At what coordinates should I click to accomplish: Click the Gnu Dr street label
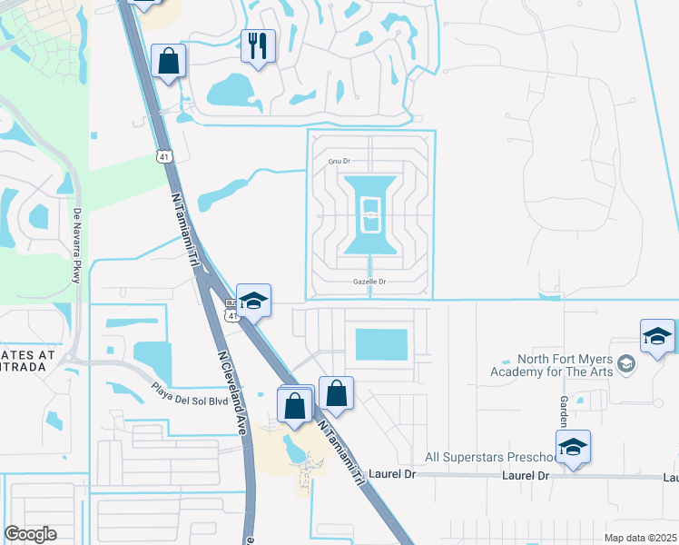pos(339,161)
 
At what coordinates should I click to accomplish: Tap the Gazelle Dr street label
pos(369,282)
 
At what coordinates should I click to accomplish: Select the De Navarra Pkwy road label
pos(76,246)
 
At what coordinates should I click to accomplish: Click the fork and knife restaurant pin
pos(258,44)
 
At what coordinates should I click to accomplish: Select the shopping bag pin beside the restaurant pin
pos(169,61)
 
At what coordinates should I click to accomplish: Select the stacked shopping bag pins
pos(295,403)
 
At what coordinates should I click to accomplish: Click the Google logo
pos(30,534)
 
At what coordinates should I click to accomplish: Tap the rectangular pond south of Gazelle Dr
pos(381,344)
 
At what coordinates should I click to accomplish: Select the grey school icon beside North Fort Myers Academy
pos(625,366)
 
